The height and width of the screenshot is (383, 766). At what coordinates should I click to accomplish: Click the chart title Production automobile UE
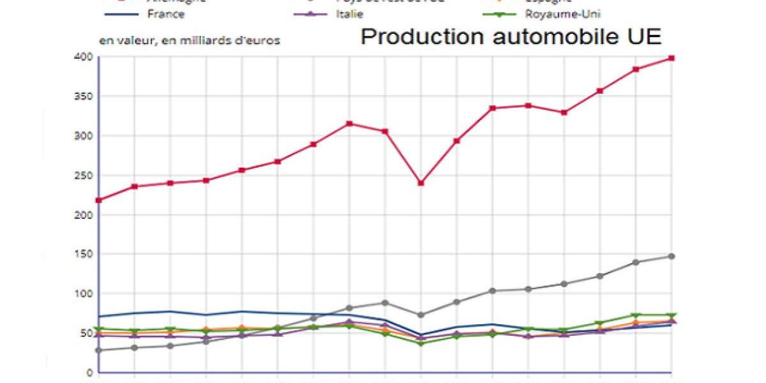511,36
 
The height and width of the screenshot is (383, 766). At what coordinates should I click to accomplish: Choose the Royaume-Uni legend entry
562,14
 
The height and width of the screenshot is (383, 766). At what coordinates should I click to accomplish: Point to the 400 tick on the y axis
85,57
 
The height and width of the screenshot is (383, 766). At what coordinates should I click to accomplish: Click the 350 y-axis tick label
85,97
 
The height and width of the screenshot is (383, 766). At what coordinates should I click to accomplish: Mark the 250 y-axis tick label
85,176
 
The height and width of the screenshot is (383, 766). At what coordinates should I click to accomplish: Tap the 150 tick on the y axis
85,255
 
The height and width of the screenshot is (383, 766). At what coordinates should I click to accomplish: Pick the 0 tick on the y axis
90,373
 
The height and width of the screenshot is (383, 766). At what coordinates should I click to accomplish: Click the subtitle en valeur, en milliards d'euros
190,40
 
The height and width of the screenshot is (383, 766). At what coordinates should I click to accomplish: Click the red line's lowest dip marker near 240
421,183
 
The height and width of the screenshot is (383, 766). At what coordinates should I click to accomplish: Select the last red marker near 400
672,58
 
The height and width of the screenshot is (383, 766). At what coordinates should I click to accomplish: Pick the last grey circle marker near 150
672,257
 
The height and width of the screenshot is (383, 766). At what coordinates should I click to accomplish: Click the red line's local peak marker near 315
349,124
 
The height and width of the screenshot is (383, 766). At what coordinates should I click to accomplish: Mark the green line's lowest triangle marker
421,344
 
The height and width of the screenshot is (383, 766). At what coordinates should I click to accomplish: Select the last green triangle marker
672,315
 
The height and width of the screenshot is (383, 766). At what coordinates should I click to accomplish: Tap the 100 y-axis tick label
85,294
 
